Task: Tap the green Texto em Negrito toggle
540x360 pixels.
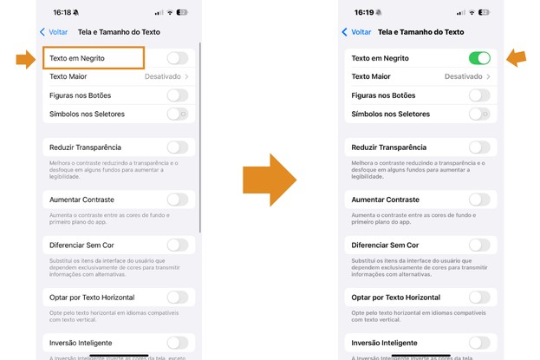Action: (x=478, y=58)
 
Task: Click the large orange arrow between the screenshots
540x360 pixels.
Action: (x=270, y=180)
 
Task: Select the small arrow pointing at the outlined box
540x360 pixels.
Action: (x=25, y=59)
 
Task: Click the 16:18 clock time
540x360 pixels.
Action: (x=62, y=13)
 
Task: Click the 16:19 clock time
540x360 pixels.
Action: (x=364, y=13)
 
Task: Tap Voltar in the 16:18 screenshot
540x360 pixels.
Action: (x=54, y=32)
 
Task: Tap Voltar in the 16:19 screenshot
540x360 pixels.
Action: (x=356, y=32)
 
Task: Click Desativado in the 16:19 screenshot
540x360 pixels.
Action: (x=464, y=76)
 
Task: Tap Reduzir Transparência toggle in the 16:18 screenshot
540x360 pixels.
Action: (x=177, y=147)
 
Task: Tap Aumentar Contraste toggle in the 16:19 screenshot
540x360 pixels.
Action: (x=478, y=200)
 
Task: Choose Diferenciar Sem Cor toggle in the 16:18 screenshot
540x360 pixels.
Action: (x=177, y=245)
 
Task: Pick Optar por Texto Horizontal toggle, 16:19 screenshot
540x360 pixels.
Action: (x=478, y=298)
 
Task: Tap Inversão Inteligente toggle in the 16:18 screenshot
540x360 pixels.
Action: (x=177, y=343)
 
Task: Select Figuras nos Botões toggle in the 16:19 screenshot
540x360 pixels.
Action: (x=478, y=95)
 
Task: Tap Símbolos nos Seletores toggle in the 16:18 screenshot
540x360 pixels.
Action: (x=177, y=114)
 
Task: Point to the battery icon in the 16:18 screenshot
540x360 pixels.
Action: (x=181, y=13)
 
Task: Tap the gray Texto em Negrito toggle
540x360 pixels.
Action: (x=177, y=58)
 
